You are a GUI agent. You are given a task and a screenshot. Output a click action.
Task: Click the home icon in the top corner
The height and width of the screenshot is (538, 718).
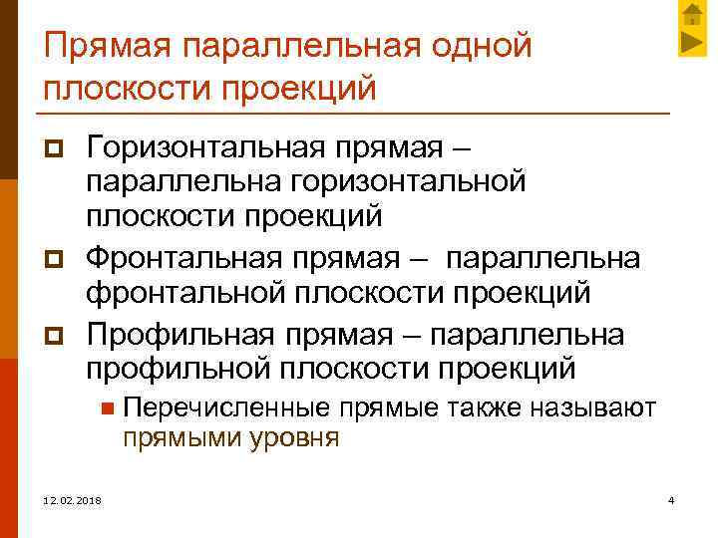pyautogui.click(x=692, y=13)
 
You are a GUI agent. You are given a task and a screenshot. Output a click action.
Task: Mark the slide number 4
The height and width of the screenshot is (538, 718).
pyautogui.click(x=672, y=498)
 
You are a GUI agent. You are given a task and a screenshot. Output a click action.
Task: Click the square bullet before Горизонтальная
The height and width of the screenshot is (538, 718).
pyautogui.click(x=54, y=152)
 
